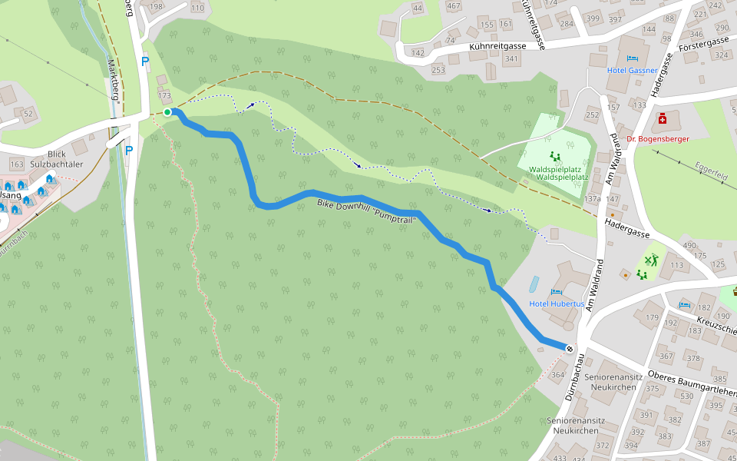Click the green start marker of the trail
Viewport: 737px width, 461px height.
(167, 112)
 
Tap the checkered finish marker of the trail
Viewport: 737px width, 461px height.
(570, 350)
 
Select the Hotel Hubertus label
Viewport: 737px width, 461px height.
(557, 303)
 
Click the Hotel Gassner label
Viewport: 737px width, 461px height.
(632, 70)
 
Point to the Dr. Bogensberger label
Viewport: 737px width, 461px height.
(658, 139)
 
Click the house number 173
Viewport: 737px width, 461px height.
(164, 95)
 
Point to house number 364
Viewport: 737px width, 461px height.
(557, 375)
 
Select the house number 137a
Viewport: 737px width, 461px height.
(592, 198)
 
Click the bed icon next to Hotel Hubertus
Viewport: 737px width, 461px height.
(554, 292)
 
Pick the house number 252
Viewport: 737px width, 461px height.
(591, 116)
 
